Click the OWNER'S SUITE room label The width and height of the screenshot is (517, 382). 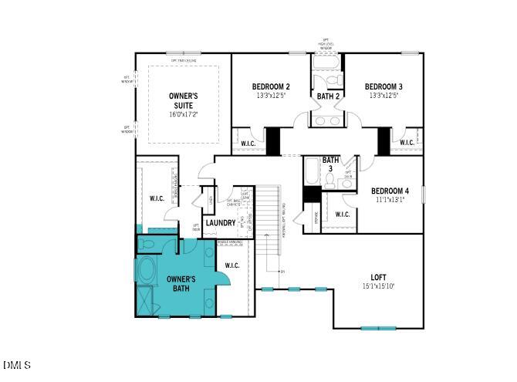(184, 100)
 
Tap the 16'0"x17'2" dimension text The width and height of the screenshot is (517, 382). (184, 114)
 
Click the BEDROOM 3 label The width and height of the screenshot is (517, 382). (384, 86)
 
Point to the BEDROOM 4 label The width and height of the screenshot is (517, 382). (390, 191)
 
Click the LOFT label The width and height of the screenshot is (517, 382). (378, 277)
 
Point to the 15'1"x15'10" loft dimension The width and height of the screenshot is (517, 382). (378, 286)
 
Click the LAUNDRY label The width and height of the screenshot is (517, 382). (221, 223)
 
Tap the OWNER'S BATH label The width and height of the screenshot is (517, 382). (182, 283)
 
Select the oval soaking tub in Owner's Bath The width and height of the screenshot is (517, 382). (147, 272)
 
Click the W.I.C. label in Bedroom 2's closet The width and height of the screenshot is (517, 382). (248, 143)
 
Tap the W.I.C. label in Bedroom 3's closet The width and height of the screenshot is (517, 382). (407, 143)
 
